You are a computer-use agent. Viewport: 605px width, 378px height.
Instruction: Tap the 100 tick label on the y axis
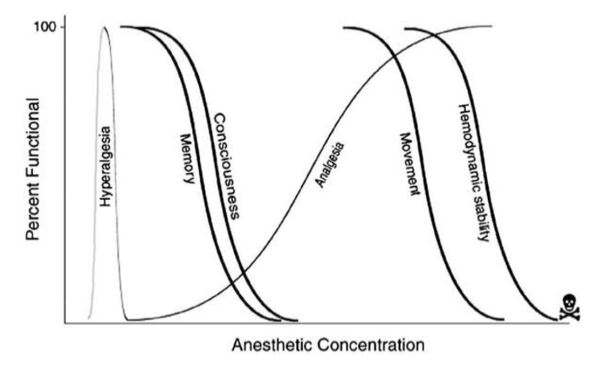[x=45, y=27]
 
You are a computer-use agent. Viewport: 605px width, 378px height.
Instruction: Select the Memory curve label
[x=187, y=158]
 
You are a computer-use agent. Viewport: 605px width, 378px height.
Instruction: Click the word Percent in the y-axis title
[x=33, y=213]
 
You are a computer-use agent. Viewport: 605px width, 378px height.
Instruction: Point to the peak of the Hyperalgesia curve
[x=104, y=27]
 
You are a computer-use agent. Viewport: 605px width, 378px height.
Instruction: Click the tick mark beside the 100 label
[x=63, y=27]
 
